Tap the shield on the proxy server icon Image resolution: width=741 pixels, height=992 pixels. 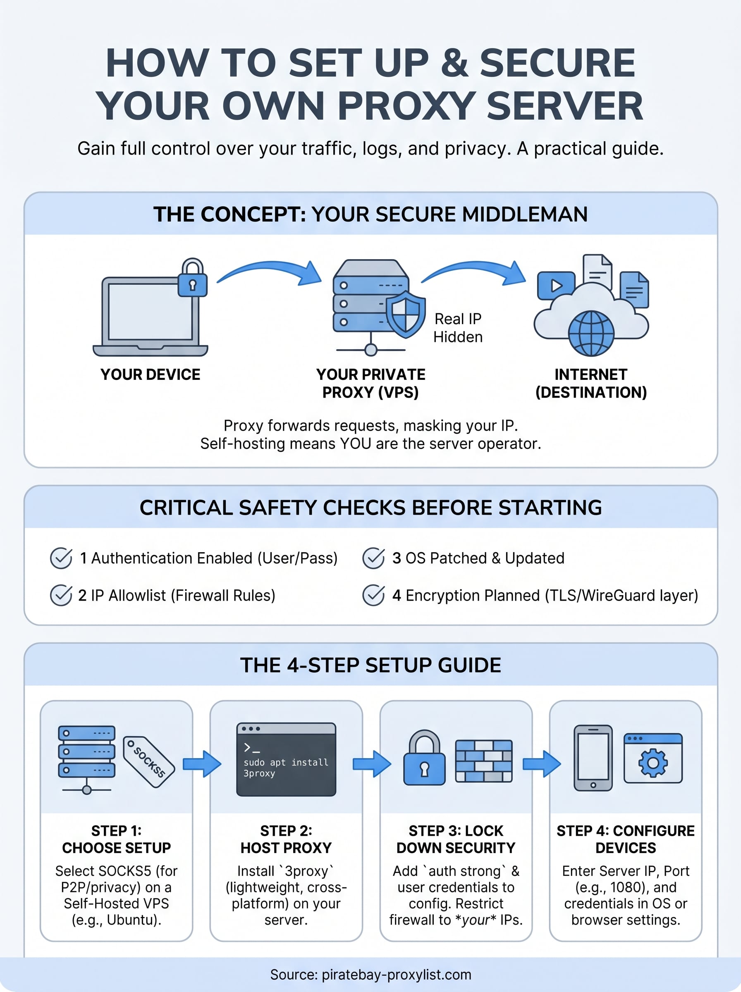click(406, 313)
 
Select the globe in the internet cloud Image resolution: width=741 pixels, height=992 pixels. click(591, 334)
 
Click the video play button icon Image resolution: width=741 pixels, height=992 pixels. click(556, 286)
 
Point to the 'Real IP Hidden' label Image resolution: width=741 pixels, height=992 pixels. click(457, 328)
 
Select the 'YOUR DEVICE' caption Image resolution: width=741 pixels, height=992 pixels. click(150, 374)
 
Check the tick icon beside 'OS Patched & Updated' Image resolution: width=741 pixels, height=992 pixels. click(373, 558)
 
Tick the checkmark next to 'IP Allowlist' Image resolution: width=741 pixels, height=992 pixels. click(61, 595)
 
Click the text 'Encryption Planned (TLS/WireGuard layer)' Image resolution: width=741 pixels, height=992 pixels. click(552, 595)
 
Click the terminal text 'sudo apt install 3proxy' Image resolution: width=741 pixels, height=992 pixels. click(285, 768)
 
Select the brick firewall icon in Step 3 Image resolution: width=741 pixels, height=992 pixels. click(483, 761)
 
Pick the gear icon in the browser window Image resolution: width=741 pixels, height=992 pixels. click(653, 763)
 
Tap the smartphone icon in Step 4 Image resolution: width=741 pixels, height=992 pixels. click(593, 758)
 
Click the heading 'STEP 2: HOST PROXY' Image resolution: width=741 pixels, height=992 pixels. click(286, 839)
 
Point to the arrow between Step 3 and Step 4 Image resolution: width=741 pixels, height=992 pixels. click(542, 763)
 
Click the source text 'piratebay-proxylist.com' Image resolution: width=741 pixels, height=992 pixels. click(397, 975)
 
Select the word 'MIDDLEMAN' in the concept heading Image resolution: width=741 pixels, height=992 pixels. click(524, 214)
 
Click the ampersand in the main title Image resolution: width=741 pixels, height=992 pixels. click(455, 63)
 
